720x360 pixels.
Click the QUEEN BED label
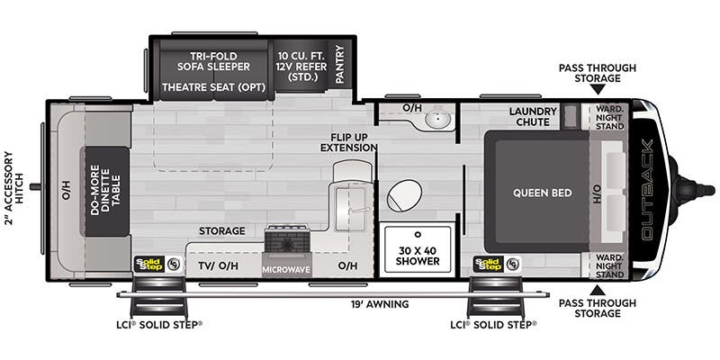[538, 192]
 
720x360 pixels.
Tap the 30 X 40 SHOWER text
[417, 255]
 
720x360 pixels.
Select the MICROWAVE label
[286, 269]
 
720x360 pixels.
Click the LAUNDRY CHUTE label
[533, 118]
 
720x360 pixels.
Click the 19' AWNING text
[381, 304]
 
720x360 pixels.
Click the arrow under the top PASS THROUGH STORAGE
[597, 90]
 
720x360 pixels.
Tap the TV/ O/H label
[217, 267]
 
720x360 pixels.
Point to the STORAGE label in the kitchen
[222, 231]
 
